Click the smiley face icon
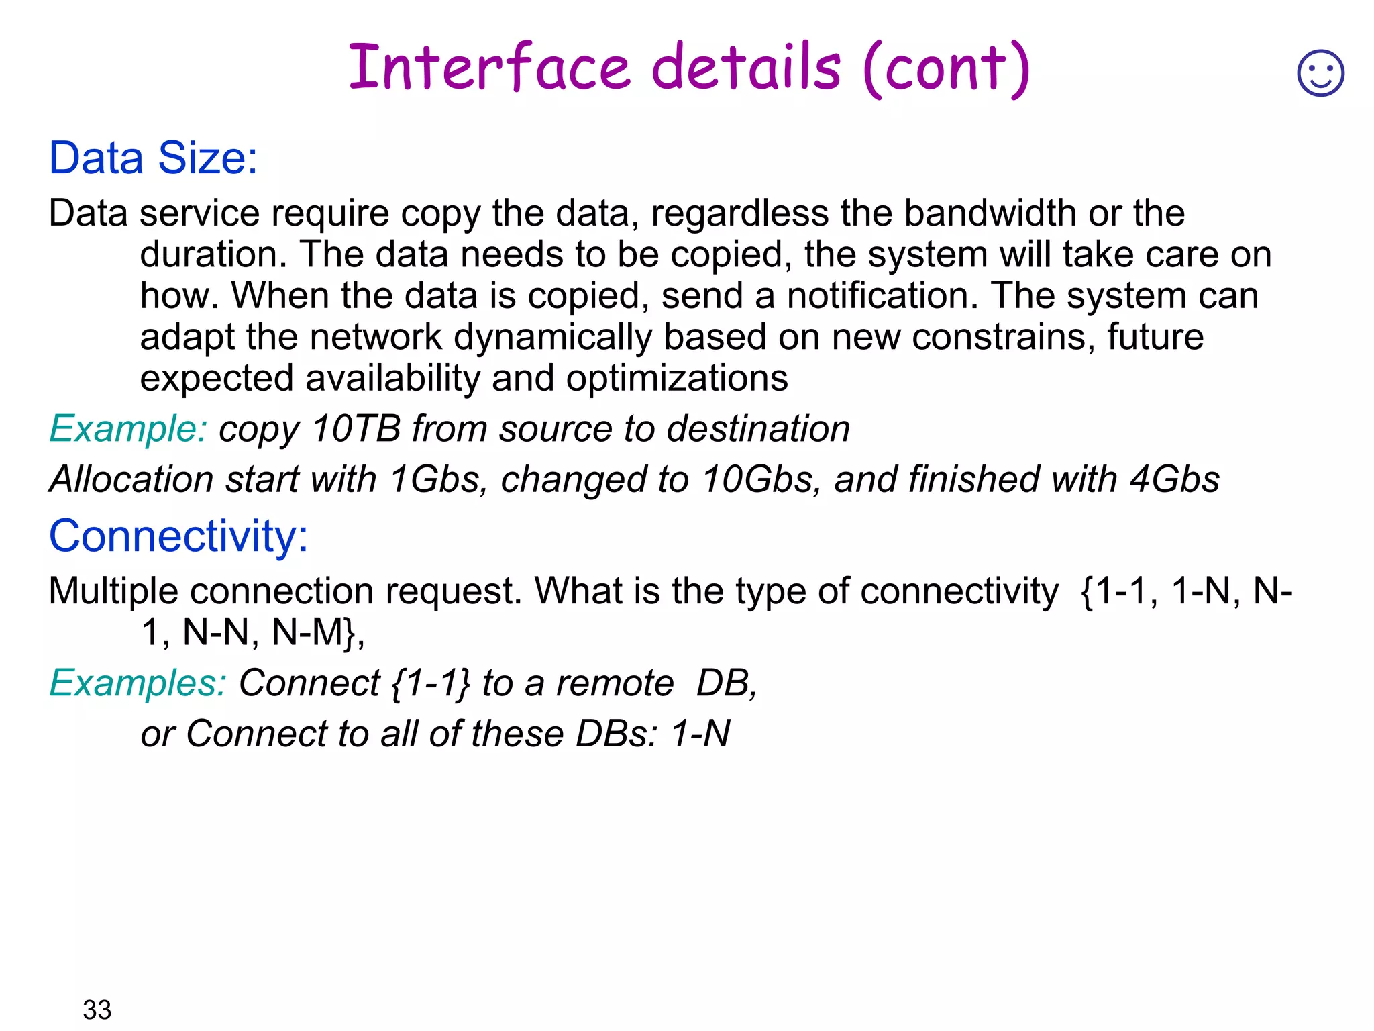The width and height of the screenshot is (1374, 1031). pyautogui.click(x=1320, y=73)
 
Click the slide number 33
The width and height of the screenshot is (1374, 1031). pyautogui.click(x=97, y=1010)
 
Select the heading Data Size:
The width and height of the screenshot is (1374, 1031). pyautogui.click(x=153, y=158)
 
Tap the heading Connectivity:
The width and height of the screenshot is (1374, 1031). pyautogui.click(x=178, y=536)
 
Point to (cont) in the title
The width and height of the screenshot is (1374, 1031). pyautogui.click(x=947, y=68)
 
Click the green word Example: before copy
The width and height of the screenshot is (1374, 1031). pyautogui.click(x=127, y=429)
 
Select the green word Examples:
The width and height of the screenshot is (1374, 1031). pyautogui.click(x=138, y=683)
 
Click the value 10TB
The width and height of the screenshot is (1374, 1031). pyautogui.click(x=356, y=429)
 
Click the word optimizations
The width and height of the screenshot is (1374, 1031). pyautogui.click(x=677, y=379)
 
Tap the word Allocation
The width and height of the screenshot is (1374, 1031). pyautogui.click(x=131, y=479)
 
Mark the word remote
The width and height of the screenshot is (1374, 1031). pyautogui.click(x=615, y=683)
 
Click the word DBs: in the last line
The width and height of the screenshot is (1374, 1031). pyautogui.click(x=617, y=734)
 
